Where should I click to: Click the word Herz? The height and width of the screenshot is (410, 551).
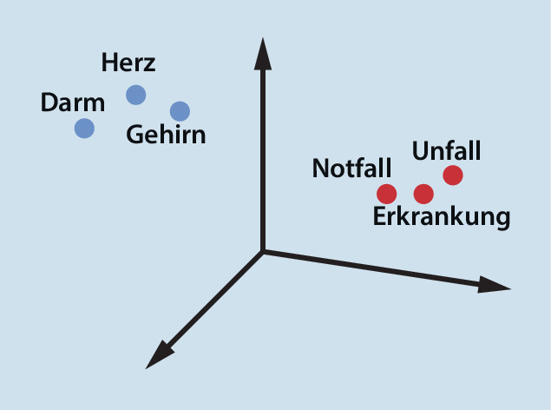(128, 63)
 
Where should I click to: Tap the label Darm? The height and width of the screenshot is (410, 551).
(73, 102)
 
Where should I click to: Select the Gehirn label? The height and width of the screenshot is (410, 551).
(166, 135)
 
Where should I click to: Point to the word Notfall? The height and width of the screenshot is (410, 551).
(351, 168)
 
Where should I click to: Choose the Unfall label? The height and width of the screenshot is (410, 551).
(446, 151)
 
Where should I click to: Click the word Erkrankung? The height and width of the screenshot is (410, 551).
(442, 216)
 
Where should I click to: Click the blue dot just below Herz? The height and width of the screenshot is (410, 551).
(136, 95)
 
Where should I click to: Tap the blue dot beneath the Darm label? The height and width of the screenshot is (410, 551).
(84, 128)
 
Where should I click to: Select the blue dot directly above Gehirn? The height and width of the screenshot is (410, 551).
(180, 111)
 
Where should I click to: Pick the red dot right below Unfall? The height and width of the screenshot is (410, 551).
(453, 175)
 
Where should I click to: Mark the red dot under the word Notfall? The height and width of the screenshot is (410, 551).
(386, 194)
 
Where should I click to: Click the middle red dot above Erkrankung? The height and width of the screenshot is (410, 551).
(423, 194)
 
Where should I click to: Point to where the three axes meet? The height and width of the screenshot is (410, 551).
(263, 251)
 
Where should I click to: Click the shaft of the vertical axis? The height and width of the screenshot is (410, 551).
(263, 160)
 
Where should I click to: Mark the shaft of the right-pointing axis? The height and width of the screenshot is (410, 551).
(371, 268)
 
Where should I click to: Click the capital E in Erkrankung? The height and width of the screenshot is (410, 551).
(379, 216)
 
